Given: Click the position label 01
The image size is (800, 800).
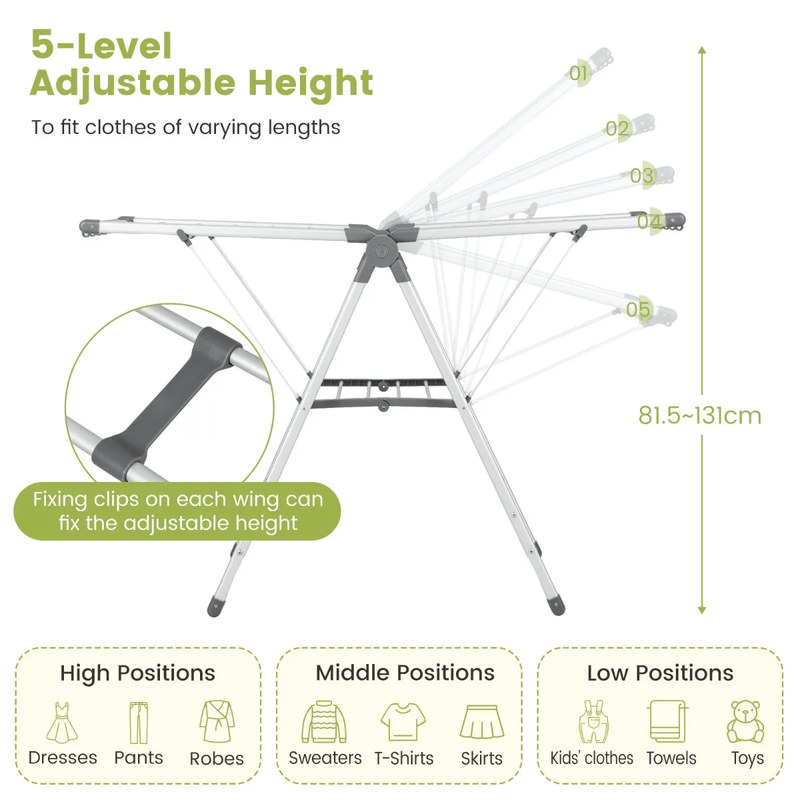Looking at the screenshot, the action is [x=578, y=73].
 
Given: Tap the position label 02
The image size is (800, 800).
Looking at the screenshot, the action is [x=617, y=128].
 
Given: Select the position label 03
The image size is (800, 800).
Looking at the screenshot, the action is [x=642, y=175].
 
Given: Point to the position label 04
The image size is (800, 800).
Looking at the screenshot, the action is [x=649, y=222].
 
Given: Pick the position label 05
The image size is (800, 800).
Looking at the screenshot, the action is [x=638, y=310].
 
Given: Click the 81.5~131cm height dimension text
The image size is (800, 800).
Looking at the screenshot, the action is [x=700, y=415].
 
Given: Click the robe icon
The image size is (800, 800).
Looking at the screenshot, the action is [x=217, y=722].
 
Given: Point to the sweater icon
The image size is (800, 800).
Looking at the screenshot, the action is [x=324, y=722].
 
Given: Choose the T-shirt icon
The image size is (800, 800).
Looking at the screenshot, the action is [x=403, y=722].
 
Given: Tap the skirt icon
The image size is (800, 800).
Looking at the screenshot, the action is [x=481, y=722].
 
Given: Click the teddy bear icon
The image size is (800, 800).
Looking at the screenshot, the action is [x=745, y=722].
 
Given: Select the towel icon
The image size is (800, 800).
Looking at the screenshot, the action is [x=667, y=721].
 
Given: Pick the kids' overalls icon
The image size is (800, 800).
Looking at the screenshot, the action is [x=593, y=722].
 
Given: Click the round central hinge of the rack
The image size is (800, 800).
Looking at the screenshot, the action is [x=382, y=251].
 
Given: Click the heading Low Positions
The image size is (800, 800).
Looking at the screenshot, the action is [x=660, y=673].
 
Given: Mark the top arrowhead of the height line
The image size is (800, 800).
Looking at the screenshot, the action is [x=702, y=50].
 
